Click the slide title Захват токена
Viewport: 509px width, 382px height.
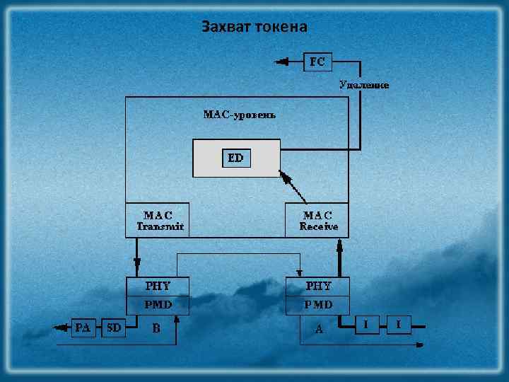(254, 27)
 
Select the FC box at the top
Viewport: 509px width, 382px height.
(317, 62)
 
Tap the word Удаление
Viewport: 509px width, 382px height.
(364, 84)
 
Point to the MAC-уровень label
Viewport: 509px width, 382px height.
(239, 113)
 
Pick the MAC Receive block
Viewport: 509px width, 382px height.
(318, 221)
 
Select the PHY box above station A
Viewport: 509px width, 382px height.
(318, 286)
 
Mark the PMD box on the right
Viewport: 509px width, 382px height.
(318, 305)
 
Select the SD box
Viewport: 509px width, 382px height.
(113, 327)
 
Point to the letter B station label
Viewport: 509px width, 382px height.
(156, 328)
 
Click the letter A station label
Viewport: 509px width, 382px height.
(319, 329)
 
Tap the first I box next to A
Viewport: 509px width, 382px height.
(365, 325)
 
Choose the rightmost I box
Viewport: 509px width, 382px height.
(399, 325)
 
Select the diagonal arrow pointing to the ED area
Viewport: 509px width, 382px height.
(297, 186)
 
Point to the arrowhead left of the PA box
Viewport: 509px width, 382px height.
(62, 327)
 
